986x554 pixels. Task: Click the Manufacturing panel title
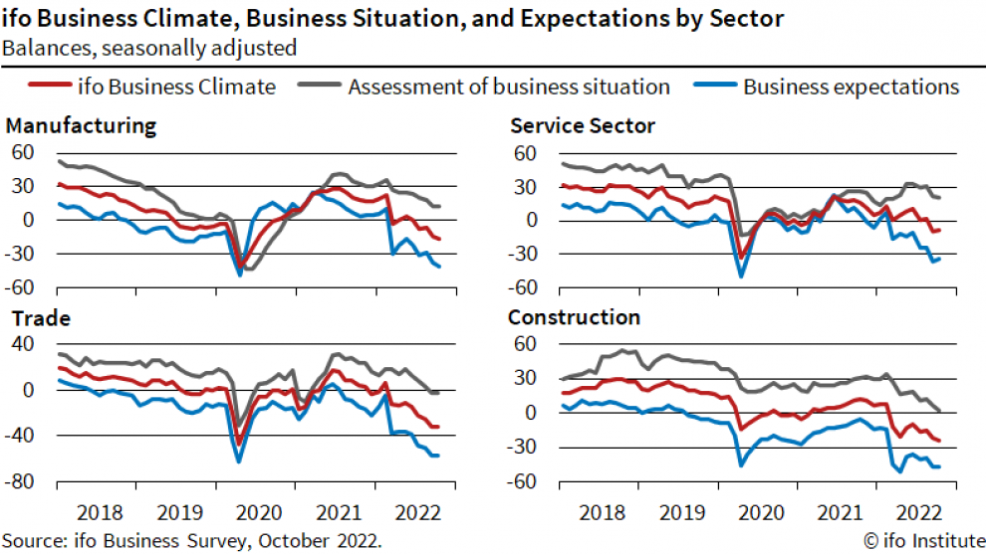coord(81,126)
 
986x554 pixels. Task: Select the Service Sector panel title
coord(582,126)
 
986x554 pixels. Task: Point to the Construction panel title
coord(574,318)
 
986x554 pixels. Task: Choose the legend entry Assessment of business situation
coord(508,87)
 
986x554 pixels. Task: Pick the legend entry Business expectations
coord(851,87)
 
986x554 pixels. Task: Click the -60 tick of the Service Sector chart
coord(524,288)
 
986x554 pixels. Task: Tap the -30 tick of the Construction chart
coord(524,448)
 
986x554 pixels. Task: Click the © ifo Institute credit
coord(921,540)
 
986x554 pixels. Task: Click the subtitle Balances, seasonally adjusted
coord(148,47)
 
